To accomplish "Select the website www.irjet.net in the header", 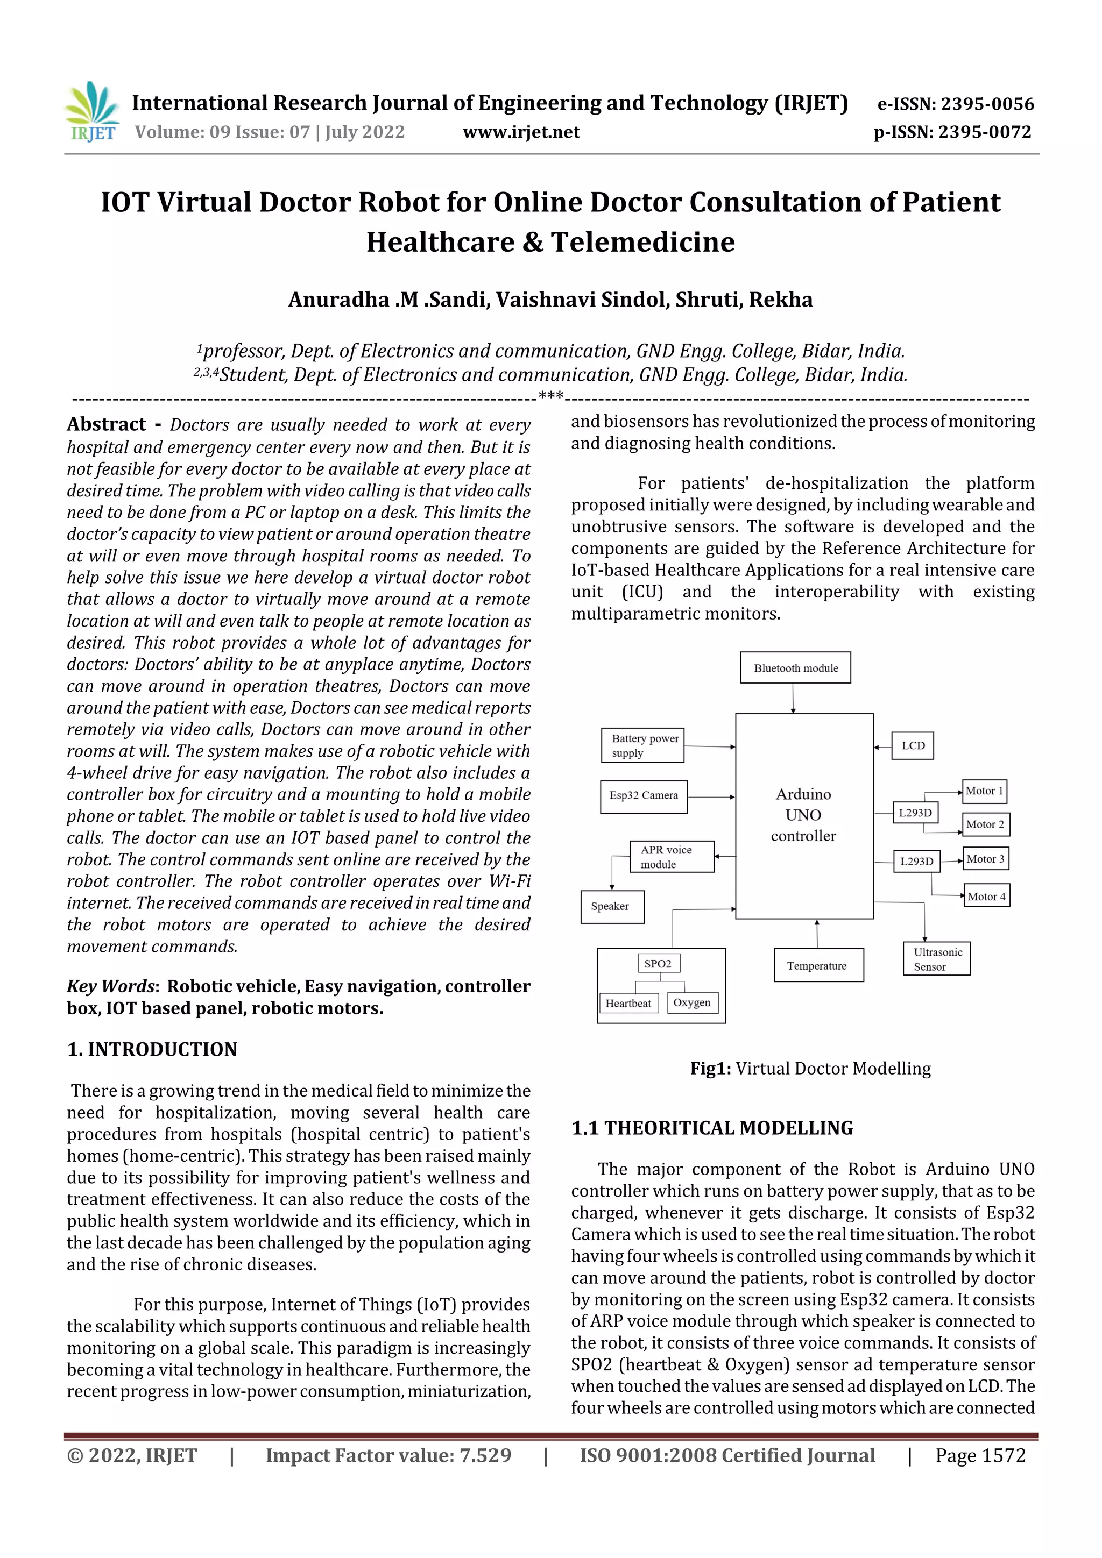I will click(521, 132).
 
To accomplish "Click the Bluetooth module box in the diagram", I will click(795, 668).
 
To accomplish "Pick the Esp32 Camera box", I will click(643, 796).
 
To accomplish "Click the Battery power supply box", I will click(642, 745).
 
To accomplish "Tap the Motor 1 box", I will click(984, 791).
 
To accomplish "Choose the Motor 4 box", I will click(986, 896).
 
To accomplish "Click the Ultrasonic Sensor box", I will click(936, 958).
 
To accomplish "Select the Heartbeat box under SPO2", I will click(628, 1003).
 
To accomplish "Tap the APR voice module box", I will click(672, 856).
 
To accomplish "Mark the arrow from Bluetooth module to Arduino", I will click(793, 698).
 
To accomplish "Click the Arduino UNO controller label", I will click(803, 815).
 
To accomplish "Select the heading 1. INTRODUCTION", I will click(152, 1050).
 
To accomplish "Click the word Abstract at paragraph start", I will click(106, 424).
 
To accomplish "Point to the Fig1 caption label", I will click(710, 1069).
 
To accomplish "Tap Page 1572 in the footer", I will click(980, 1455).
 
